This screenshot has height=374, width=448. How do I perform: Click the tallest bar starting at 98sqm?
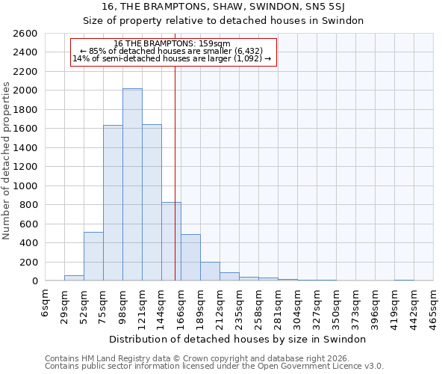(x=132, y=185)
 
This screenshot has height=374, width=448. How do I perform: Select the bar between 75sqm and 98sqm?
(x=113, y=203)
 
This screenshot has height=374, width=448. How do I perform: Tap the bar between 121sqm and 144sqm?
(x=152, y=203)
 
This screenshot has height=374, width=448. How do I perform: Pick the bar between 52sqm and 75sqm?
(x=93, y=257)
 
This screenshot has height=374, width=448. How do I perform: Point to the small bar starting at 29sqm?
(x=74, y=278)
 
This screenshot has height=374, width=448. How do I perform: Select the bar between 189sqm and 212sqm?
(x=210, y=272)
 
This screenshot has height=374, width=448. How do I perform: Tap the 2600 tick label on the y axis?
(x=26, y=34)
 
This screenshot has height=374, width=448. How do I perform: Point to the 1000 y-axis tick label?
(x=26, y=186)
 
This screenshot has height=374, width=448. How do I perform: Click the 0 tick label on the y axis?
(x=35, y=281)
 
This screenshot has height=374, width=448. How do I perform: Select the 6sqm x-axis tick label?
(x=46, y=304)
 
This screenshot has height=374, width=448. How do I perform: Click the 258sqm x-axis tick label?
(x=258, y=304)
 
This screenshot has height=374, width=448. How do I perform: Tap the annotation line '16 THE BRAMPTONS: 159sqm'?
(x=172, y=43)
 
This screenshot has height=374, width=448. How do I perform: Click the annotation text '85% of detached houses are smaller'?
(x=172, y=51)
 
